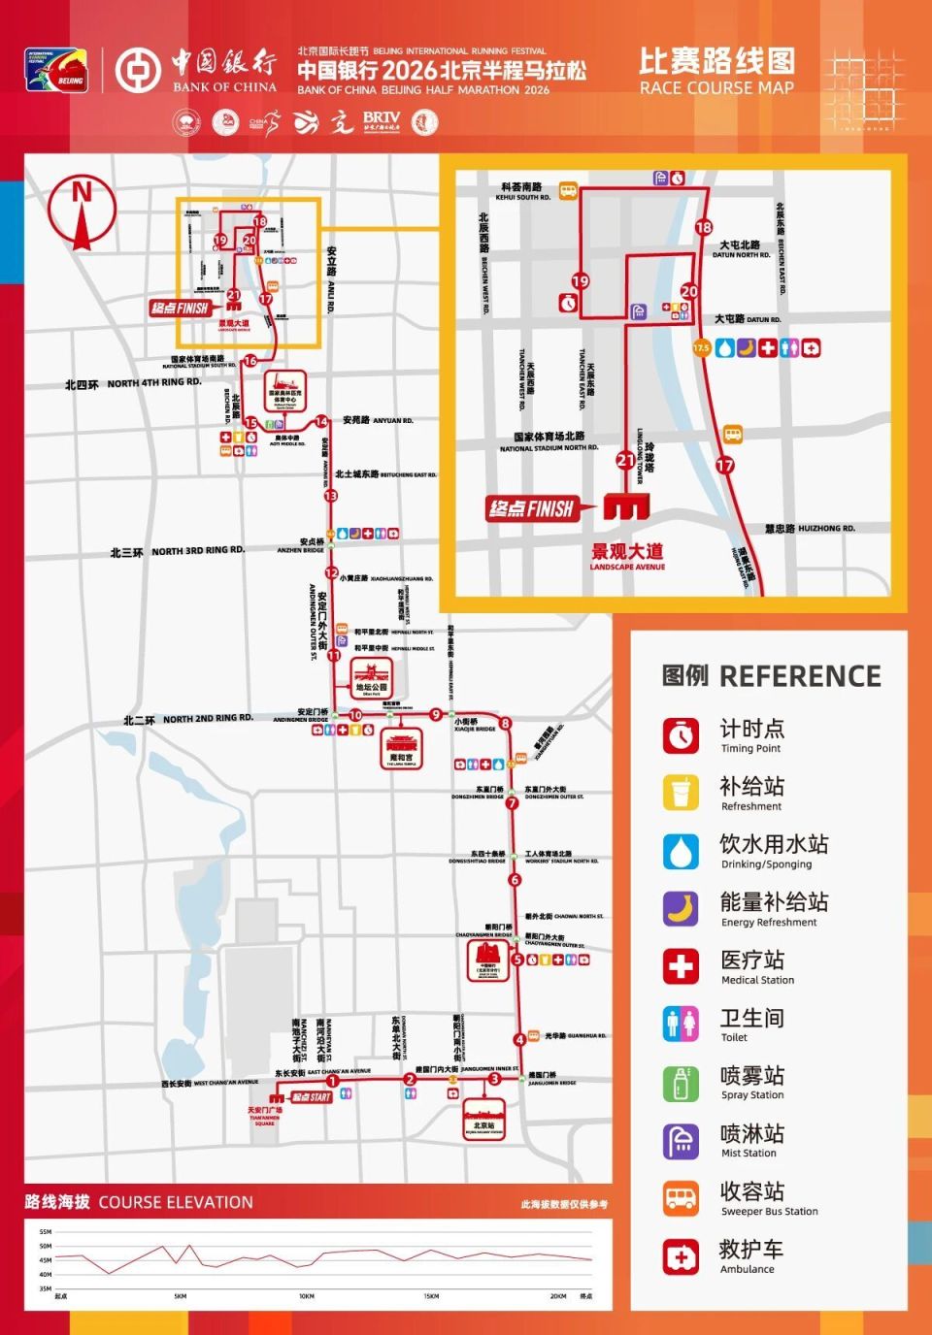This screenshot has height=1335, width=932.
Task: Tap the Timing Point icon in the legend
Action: coord(682,735)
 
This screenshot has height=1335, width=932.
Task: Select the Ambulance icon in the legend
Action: coord(682,1256)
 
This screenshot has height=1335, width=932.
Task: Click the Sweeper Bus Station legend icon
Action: coord(682,1198)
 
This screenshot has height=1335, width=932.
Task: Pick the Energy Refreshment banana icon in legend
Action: coord(682,909)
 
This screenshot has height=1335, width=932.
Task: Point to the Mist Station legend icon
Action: coord(682,1141)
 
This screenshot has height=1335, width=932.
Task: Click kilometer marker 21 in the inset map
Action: coord(626,461)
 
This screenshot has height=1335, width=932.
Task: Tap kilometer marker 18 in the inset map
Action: coord(704,228)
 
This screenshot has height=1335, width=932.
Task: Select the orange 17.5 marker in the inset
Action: coord(701,347)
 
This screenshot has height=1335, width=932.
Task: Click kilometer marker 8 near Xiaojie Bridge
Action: coord(505,724)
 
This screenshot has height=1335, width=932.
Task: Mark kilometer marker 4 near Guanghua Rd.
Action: coord(520,1039)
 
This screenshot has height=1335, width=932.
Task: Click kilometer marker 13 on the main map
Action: coord(331,496)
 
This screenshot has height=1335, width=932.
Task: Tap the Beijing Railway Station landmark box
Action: coord(483,1119)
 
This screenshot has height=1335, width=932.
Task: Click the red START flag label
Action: coord(312,1097)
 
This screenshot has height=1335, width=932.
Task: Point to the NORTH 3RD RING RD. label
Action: coord(198,551)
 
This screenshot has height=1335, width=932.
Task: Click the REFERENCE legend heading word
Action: coord(800,676)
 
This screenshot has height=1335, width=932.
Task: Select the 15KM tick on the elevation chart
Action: coord(431,1296)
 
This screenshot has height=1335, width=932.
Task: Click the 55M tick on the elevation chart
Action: coord(45,1232)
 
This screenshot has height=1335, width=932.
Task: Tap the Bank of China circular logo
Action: coord(138,70)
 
